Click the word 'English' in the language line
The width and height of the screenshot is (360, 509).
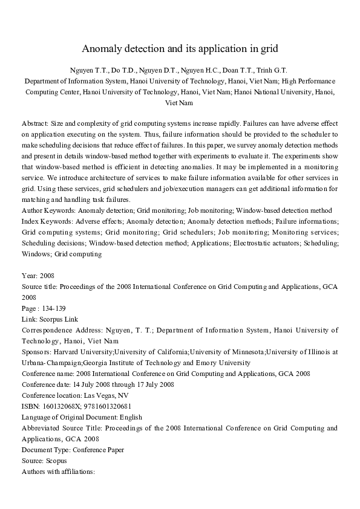pos(131,417)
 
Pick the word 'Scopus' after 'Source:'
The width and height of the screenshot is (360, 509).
pos(55,461)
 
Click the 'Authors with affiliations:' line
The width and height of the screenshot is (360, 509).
pos(58,472)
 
